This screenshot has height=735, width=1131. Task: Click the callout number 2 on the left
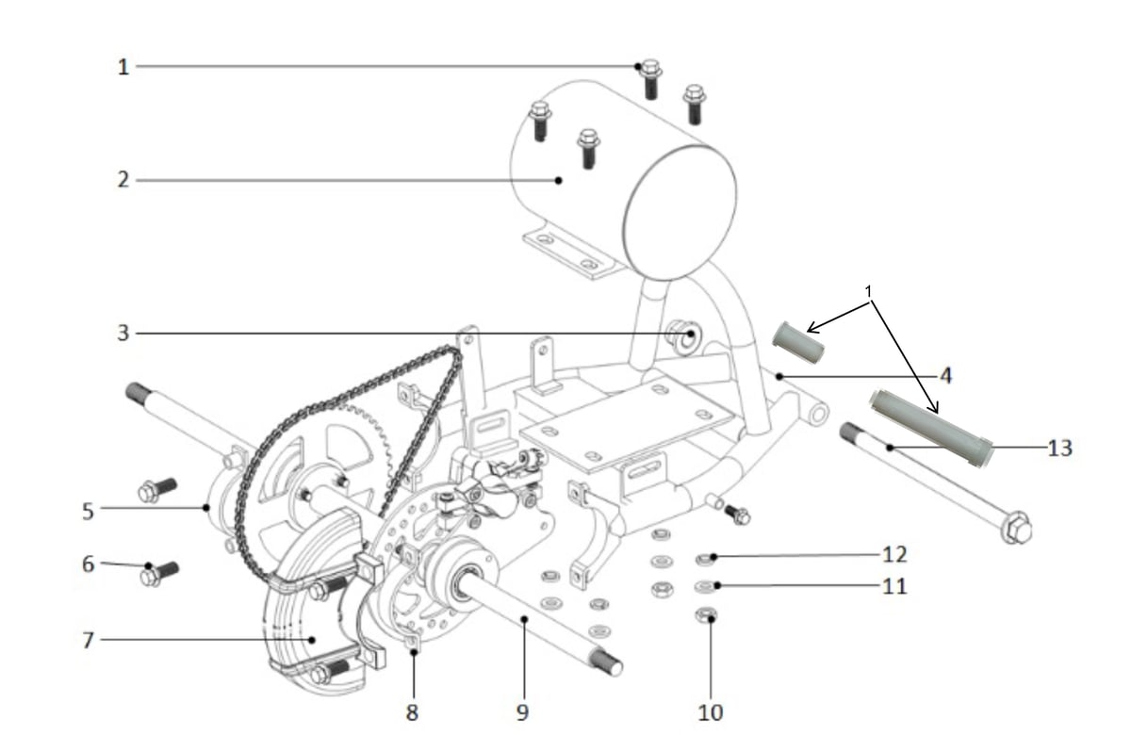[123, 180]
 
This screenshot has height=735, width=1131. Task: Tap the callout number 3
[123, 334]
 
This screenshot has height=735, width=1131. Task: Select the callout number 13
[1059, 449]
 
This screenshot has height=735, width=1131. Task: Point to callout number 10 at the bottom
[711, 712]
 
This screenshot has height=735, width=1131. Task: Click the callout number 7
[89, 641]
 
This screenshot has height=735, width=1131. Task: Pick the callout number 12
[894, 555]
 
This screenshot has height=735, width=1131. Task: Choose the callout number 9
[522, 712]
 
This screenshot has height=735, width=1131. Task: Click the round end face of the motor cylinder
[680, 213]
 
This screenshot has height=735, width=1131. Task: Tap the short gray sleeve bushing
[798, 342]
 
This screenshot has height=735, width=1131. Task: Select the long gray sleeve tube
[930, 428]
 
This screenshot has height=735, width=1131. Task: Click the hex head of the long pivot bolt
[1016, 527]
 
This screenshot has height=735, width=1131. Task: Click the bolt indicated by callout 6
[158, 575]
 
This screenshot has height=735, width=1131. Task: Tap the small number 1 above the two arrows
[868, 292]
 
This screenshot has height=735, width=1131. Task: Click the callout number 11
[894, 586]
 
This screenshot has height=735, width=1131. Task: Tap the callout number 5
[89, 512]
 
